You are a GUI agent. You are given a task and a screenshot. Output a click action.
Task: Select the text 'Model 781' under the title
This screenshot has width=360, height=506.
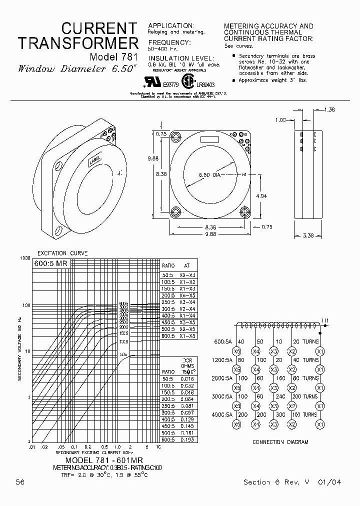point(113,56)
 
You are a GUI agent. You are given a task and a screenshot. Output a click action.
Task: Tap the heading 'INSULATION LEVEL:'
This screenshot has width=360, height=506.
point(181,58)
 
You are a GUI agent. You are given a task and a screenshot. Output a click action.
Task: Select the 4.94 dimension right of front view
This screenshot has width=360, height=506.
point(261,196)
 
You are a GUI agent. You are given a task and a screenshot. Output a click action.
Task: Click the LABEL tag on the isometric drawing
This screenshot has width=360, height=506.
point(94,160)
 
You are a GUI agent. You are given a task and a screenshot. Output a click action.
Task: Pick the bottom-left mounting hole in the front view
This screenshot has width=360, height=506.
point(175,211)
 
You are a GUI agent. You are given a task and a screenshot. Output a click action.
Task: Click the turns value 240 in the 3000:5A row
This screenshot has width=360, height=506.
point(274,396)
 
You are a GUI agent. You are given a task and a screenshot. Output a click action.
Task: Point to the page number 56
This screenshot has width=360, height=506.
point(20,482)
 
